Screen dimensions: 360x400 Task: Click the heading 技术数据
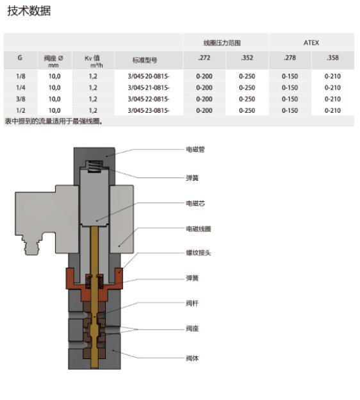click(x=29, y=11)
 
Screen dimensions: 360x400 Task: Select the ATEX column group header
click(x=311, y=42)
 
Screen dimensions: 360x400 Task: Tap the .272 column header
click(x=204, y=58)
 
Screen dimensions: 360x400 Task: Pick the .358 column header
click(x=332, y=58)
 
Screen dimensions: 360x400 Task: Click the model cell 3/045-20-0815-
click(x=149, y=76)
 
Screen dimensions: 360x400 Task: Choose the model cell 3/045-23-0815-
click(x=149, y=110)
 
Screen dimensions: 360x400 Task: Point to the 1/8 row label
click(x=20, y=76)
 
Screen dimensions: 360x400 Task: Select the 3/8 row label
click(x=20, y=99)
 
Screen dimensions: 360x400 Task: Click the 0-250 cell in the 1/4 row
click(x=247, y=87)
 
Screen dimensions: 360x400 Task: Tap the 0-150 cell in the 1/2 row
click(x=290, y=110)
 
